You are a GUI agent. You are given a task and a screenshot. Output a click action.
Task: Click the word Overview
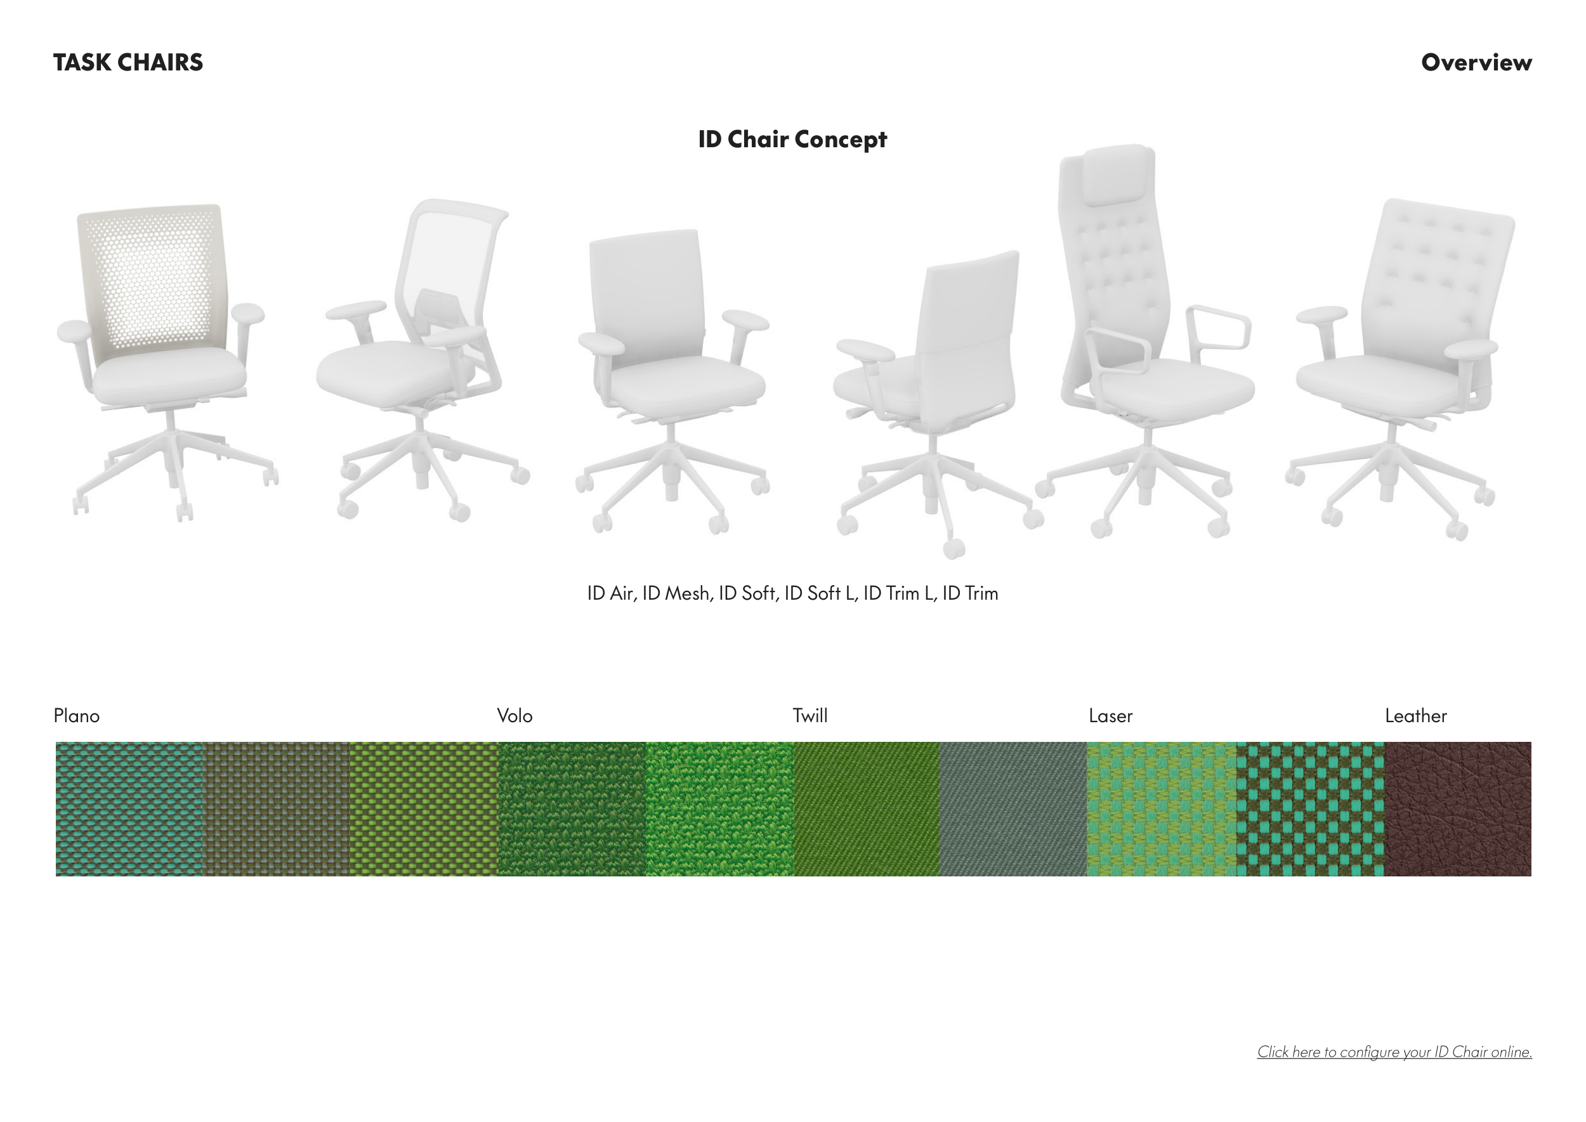pos(1476,62)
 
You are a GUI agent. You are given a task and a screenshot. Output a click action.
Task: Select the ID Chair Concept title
pos(792,139)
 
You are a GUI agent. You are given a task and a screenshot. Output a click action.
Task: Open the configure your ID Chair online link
pos(1394,1052)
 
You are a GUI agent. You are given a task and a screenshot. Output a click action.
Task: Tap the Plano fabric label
pos(77,716)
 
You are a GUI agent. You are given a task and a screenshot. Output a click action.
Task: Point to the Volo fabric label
pos(514,716)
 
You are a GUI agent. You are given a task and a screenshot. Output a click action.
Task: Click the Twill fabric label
pos(809,716)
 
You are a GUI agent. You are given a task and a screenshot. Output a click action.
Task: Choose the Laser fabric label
pos(1110,716)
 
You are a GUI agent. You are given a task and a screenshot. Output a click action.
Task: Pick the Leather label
pos(1415,716)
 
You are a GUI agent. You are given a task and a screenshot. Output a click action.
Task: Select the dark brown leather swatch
pos(1457,809)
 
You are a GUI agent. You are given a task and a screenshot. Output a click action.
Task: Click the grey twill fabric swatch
pos(1013,809)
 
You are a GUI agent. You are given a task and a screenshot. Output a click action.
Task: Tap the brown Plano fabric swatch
pos(277,809)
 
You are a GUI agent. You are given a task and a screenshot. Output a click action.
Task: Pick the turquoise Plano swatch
pos(129,809)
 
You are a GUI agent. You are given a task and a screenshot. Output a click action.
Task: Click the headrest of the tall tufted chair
pos(1119,174)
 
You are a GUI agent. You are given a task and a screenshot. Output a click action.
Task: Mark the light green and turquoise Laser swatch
pos(1162,809)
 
